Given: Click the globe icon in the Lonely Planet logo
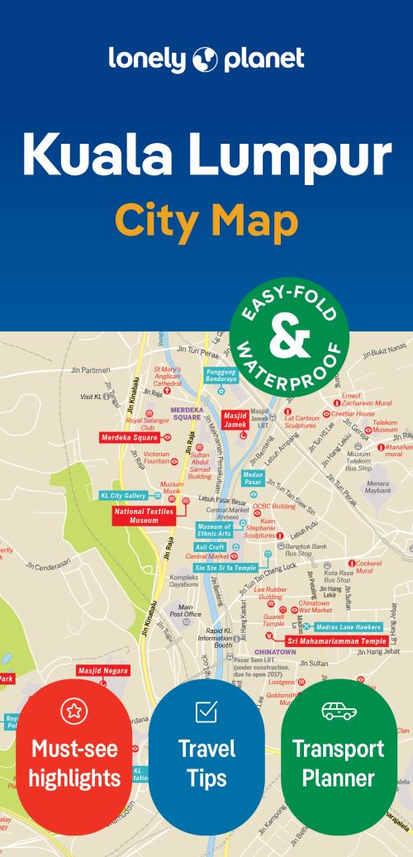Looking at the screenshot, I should (x=205, y=60).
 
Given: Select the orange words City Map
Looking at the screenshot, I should (x=206, y=221).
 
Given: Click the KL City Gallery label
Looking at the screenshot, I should (x=123, y=496).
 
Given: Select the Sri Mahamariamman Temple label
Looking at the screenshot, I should (x=336, y=640).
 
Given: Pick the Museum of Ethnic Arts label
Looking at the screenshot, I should (x=214, y=531).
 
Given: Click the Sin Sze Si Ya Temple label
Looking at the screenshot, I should (x=225, y=568).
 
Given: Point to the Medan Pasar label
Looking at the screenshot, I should (x=253, y=477).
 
